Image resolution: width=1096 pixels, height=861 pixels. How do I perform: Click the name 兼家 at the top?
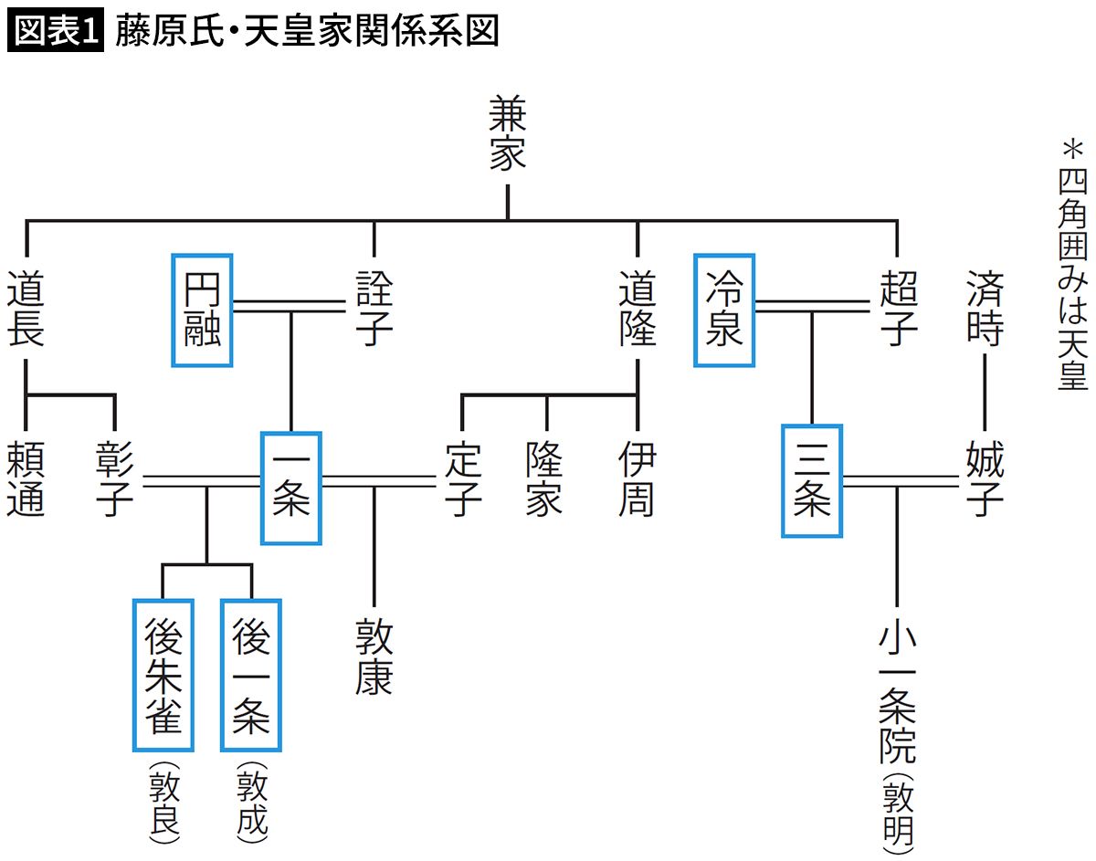click(x=508, y=134)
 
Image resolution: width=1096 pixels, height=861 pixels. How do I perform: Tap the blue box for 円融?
click(x=202, y=310)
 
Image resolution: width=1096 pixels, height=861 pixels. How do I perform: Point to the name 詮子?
click(x=374, y=308)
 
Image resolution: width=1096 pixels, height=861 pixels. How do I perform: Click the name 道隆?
click(x=637, y=308)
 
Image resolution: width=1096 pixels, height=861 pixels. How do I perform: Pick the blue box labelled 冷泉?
click(x=724, y=310)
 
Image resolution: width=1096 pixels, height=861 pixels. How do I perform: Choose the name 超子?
click(x=898, y=308)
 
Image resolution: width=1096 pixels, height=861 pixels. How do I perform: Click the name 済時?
click(x=985, y=308)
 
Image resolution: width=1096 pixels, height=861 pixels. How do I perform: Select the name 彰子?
click(x=115, y=479)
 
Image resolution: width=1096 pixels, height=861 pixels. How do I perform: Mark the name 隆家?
click(x=545, y=479)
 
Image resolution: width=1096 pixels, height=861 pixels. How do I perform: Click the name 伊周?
click(x=637, y=479)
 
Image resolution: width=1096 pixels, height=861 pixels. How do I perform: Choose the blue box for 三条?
click(x=811, y=480)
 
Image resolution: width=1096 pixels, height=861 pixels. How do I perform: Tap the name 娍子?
click(x=985, y=479)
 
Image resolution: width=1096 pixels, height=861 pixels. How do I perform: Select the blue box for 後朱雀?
click(x=163, y=674)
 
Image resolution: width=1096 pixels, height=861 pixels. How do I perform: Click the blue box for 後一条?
click(x=251, y=674)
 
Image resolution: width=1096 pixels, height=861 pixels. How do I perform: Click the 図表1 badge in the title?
click(x=55, y=32)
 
